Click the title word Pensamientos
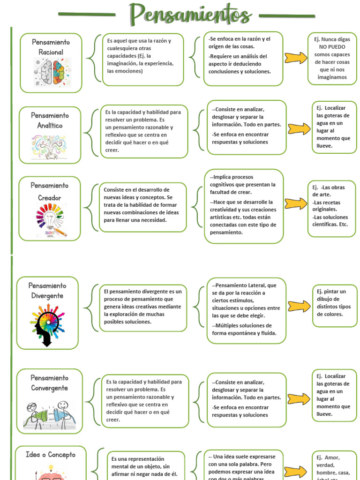point(190,14)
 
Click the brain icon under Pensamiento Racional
point(52,71)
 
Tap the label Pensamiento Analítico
point(50,120)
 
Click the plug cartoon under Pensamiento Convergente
point(49,413)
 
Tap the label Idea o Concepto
point(50,455)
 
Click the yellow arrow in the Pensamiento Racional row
point(296,58)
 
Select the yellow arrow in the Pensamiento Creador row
point(296,204)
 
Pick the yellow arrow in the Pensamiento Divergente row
point(299,306)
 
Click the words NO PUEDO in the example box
point(332,47)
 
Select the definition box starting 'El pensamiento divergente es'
point(143,307)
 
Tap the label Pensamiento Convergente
point(50,383)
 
